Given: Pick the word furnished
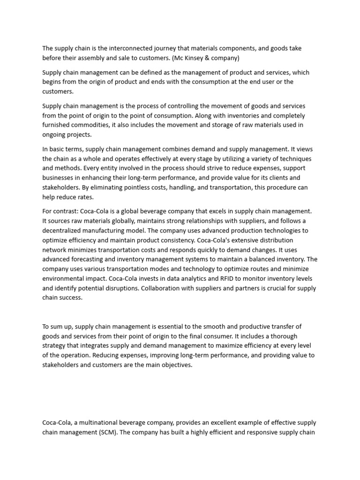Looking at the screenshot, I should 57,125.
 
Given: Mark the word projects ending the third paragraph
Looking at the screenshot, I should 80,134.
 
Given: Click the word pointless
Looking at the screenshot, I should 107,187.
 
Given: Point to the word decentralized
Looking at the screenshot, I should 63,231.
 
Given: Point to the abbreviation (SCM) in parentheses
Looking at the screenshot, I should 107,432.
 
